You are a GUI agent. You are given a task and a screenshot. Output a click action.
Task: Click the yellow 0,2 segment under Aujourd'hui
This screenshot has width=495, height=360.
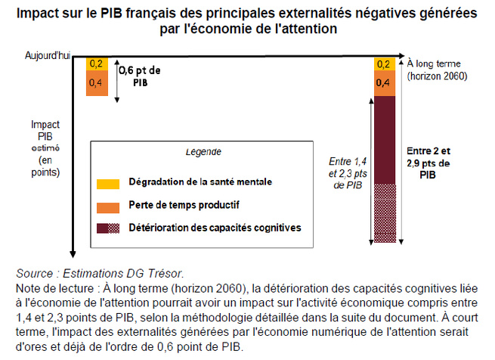pyautogui.click(x=95, y=64)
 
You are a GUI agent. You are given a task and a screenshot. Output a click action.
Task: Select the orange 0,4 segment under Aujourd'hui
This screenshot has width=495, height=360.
pyautogui.click(x=95, y=82)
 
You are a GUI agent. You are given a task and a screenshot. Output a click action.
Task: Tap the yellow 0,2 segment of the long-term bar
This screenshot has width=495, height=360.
pyautogui.click(x=385, y=64)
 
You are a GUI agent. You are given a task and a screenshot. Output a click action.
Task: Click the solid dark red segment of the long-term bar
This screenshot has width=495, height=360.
pyautogui.click(x=385, y=140)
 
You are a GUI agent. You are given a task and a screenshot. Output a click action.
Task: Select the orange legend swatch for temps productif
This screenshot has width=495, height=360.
pyautogui.click(x=107, y=205)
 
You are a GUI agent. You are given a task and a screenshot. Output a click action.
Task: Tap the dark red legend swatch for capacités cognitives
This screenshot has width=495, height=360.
pyautogui.click(x=107, y=226)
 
